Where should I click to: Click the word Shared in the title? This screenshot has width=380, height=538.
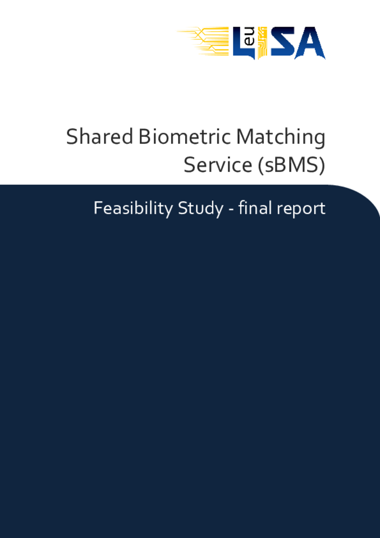[100, 136]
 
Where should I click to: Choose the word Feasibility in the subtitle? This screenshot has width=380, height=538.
[133, 209]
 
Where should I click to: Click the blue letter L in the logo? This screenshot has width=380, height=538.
[240, 43]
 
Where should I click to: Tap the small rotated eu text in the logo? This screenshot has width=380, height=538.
[250, 37]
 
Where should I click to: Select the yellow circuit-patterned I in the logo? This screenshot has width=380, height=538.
[261, 43]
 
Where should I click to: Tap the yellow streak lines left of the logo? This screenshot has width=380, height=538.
[204, 41]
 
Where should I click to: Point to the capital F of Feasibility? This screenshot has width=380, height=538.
[97, 208]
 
